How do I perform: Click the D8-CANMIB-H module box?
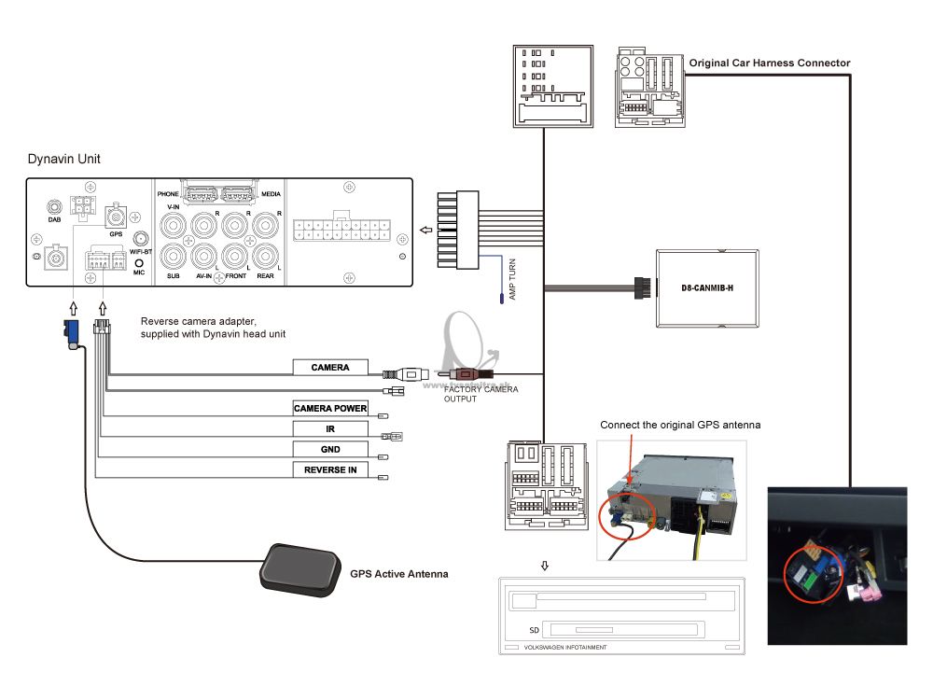[704, 287]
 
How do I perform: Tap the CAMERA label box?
[330, 368]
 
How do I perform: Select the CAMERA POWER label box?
[330, 409]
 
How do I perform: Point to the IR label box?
[330, 429]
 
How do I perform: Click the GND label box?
[330, 450]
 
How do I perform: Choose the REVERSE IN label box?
[330, 470]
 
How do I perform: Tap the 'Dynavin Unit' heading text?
[63, 160]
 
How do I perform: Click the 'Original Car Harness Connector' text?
[770, 63]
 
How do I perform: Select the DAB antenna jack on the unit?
[54, 206]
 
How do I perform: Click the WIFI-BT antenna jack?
[139, 240]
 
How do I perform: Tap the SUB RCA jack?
[173, 256]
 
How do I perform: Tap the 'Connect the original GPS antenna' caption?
[680, 425]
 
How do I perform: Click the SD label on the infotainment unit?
[535, 630]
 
